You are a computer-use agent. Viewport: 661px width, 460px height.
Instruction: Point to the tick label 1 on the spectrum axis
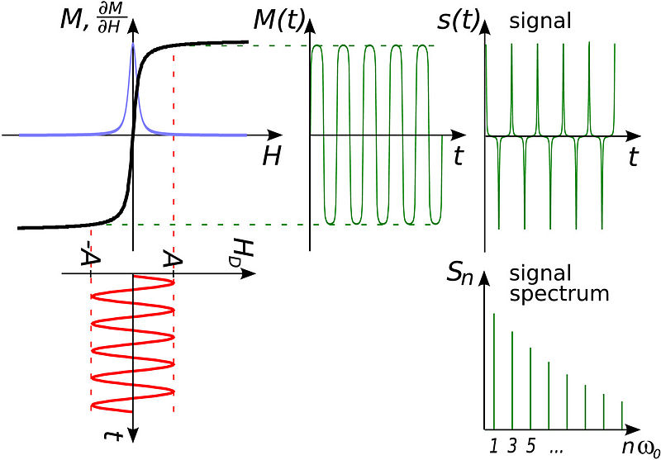pyautogui.click(x=493, y=446)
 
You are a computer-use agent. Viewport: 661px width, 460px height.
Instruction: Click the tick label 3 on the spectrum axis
pyautogui.click(x=512, y=446)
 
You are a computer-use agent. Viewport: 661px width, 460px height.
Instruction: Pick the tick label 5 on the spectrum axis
pyautogui.click(x=530, y=446)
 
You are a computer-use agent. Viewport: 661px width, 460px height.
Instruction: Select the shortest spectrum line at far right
pyautogui.click(x=621, y=414)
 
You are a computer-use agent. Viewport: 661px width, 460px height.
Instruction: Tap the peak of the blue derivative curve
pyautogui.click(x=133, y=45)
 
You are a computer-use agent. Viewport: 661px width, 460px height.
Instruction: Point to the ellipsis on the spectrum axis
pyautogui.click(x=555, y=448)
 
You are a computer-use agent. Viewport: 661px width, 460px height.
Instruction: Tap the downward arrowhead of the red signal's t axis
pyautogui.click(x=133, y=438)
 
